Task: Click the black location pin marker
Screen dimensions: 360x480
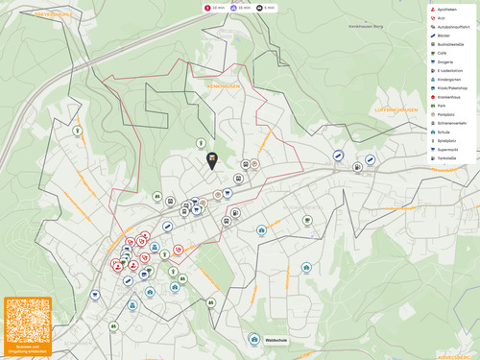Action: click(x=212, y=161)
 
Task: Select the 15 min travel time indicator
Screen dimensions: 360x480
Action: click(x=241, y=7)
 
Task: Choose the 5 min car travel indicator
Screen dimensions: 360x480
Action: click(x=267, y=7)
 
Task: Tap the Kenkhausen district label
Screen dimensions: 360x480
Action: click(x=221, y=86)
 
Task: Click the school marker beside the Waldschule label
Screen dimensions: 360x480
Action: click(x=254, y=339)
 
